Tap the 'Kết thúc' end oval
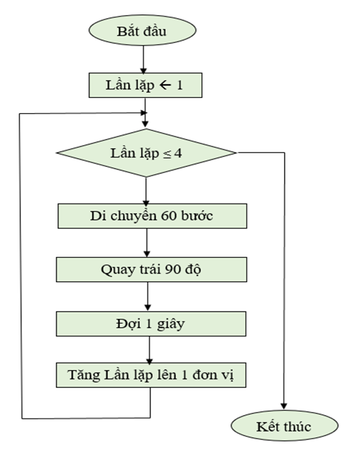tap(283, 426)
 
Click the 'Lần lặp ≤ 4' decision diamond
tap(147, 153)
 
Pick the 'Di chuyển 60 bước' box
tap(152, 217)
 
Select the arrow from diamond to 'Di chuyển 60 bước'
tap(147, 191)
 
